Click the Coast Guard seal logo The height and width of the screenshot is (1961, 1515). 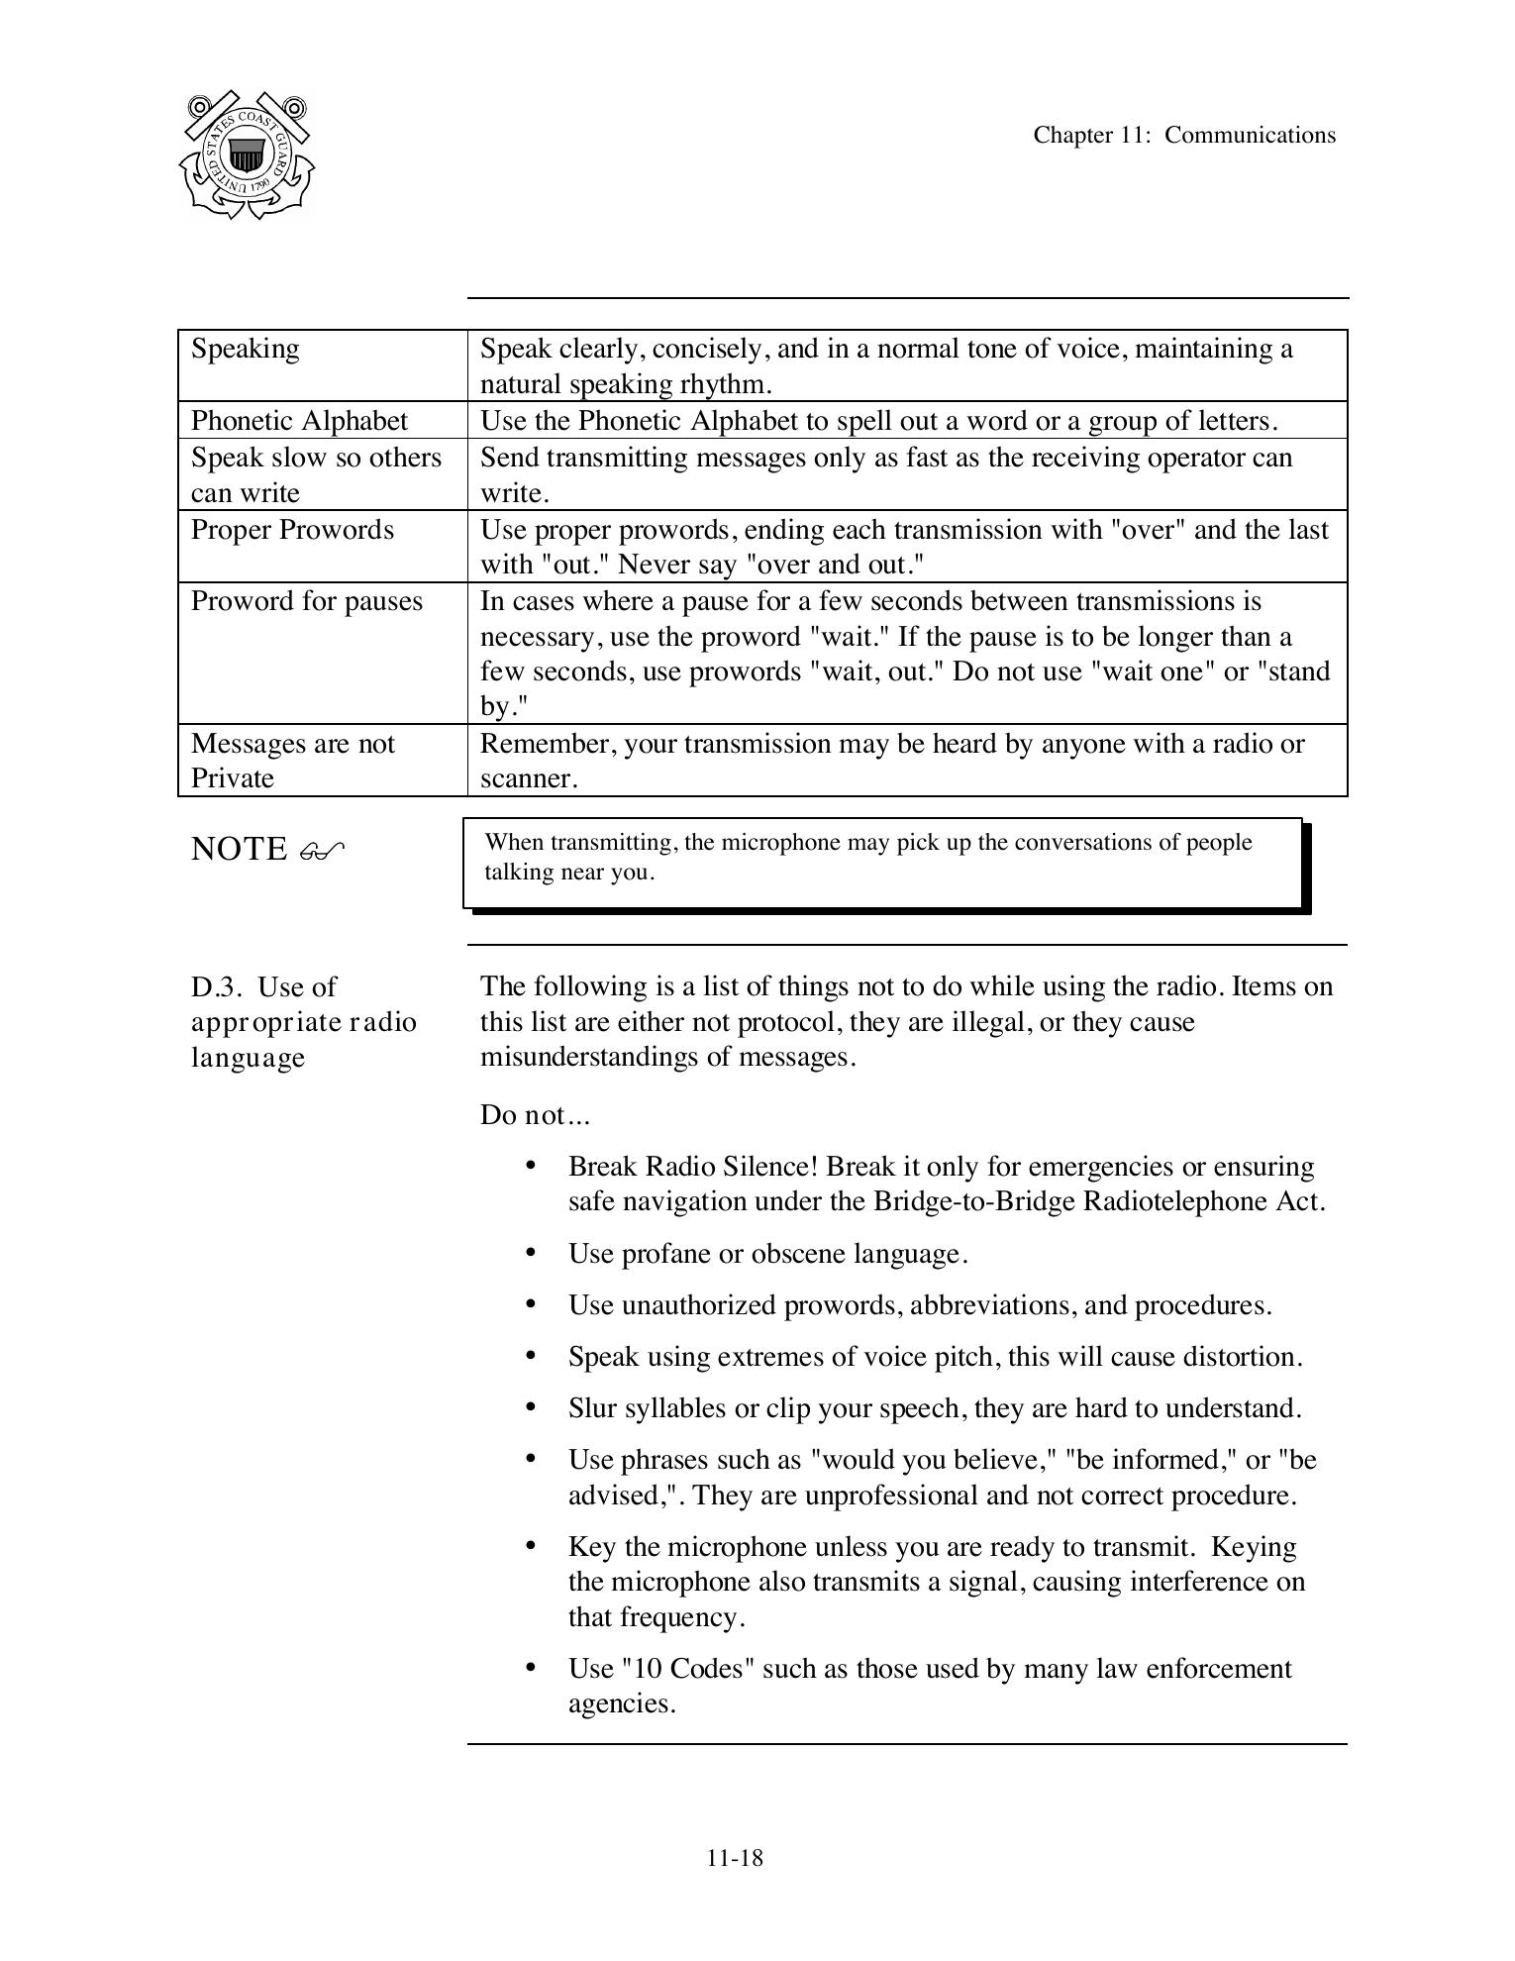tap(247, 155)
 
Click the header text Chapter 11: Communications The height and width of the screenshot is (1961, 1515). tap(1184, 136)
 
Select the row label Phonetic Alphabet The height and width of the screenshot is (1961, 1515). tap(299, 421)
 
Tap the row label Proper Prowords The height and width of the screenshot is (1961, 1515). tap(292, 530)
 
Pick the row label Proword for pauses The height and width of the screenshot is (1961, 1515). tap(306, 602)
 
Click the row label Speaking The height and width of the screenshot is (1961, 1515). tap(245, 350)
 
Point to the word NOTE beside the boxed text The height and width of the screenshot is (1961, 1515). tap(239, 850)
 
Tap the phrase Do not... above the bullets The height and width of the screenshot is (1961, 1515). tap(535, 1116)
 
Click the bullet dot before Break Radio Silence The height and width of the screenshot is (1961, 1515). tap(532, 1166)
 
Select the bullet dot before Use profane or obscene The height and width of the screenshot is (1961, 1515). tap(532, 1253)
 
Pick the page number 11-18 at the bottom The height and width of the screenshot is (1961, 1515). tap(735, 1858)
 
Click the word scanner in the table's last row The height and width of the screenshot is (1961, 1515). tap(527, 779)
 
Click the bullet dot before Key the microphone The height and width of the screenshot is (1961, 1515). tap(532, 1546)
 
